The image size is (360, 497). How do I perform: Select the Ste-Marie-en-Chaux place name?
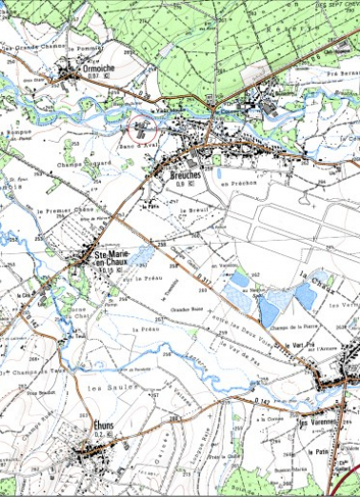[x=113, y=257]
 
